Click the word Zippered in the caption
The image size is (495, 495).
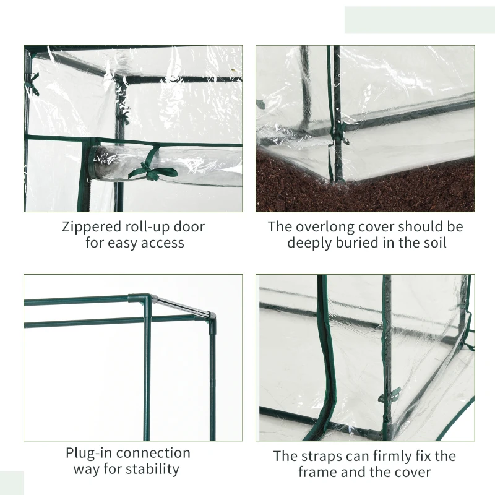pos(91,227)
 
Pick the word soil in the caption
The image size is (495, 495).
pos(435,243)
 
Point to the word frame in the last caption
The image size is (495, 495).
pos(317,472)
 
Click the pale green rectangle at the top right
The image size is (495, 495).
pos(420,20)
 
